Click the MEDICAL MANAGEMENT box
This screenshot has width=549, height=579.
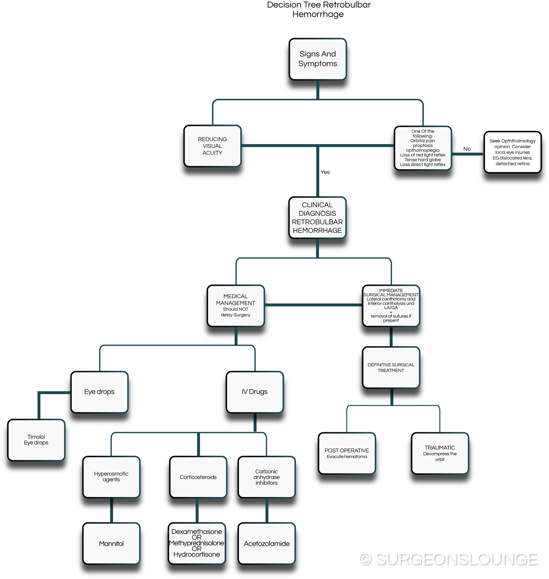pyautogui.click(x=236, y=305)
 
